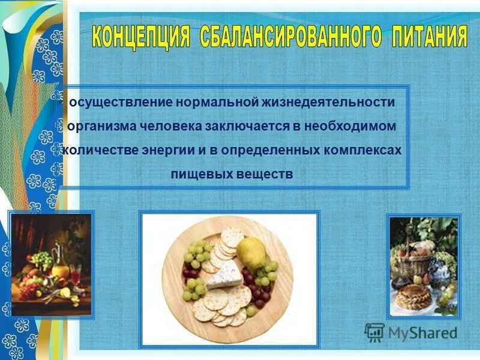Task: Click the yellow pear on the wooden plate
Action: click(x=251, y=254)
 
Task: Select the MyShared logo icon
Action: click(x=374, y=332)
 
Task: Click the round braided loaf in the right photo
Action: click(x=413, y=296)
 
